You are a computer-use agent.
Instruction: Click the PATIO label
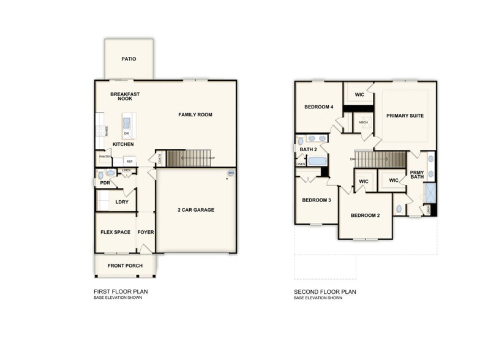coord(129,59)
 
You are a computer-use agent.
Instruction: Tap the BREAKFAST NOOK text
coord(125,96)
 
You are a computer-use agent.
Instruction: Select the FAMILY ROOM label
coord(195,114)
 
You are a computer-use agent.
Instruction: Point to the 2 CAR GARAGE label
coord(195,210)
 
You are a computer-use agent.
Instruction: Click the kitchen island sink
coord(127,122)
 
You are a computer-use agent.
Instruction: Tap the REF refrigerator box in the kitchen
coord(129,162)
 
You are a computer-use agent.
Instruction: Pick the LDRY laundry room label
coord(122,201)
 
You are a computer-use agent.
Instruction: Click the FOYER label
coord(146,233)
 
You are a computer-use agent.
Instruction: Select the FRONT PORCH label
coord(125,266)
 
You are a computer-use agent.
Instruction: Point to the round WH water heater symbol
coord(231,173)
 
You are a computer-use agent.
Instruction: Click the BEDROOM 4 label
coord(318,107)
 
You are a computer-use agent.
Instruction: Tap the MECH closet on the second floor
coord(363,122)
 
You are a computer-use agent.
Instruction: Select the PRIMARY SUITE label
coord(405,116)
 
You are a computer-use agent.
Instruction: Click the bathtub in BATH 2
coord(317,162)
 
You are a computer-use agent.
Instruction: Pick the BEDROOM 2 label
coord(366,216)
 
